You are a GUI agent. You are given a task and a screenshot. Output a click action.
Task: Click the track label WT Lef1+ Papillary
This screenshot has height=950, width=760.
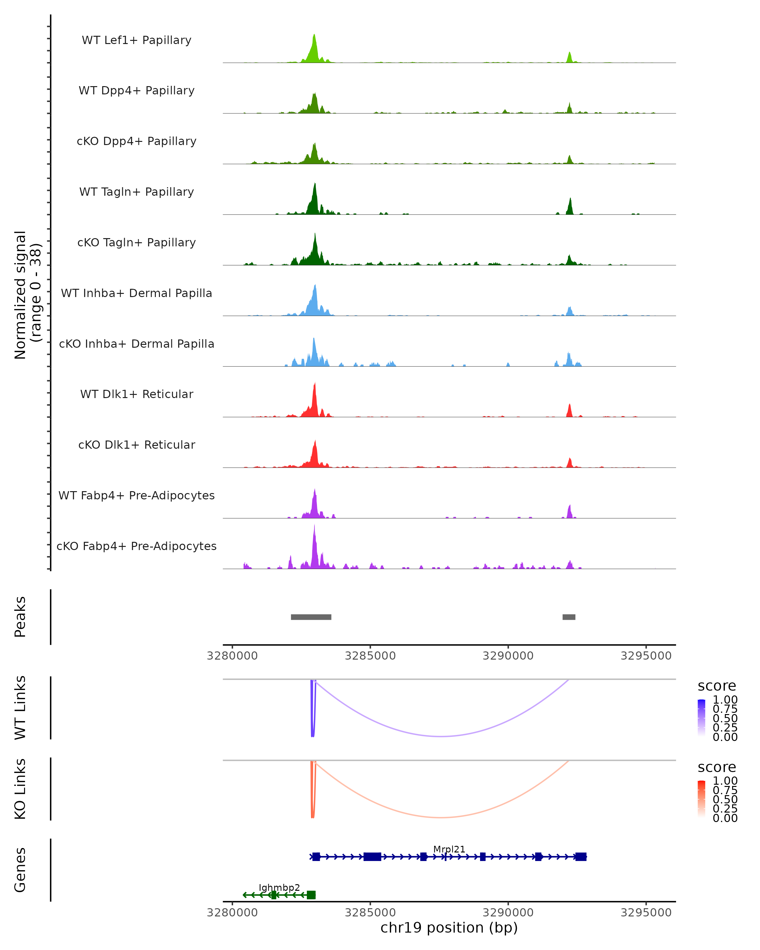(x=136, y=40)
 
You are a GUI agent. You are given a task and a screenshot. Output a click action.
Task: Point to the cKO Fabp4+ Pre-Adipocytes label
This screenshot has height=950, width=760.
(x=136, y=546)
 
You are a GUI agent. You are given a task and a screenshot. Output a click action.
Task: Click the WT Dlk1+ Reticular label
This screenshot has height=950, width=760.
(x=136, y=394)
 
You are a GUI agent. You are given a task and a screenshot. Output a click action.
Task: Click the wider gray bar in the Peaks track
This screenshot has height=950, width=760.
(x=311, y=617)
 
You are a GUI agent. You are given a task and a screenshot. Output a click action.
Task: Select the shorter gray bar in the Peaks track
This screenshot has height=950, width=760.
(x=569, y=617)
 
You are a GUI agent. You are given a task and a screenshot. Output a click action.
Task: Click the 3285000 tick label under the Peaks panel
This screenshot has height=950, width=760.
(x=370, y=656)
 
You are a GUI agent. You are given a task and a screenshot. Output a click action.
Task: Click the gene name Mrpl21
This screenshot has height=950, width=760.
(x=449, y=849)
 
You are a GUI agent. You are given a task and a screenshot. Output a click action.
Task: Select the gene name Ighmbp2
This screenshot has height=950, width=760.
(x=279, y=887)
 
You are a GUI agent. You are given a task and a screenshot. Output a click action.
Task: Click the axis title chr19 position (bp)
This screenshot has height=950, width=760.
(x=449, y=928)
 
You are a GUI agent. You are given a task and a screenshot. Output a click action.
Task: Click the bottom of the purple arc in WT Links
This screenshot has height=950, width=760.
(x=441, y=736)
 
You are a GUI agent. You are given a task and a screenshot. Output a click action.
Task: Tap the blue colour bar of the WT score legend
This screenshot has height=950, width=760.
(x=701, y=717)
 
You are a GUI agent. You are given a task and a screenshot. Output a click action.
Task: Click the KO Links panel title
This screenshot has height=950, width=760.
(x=20, y=789)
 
